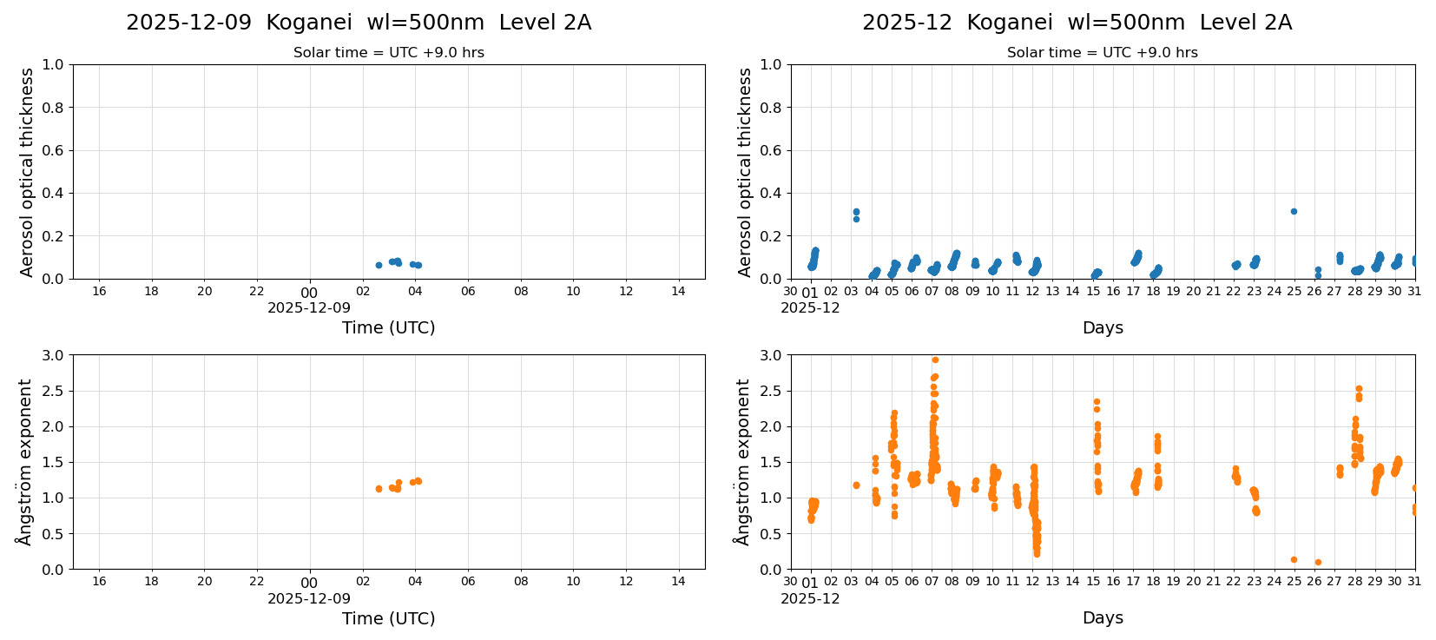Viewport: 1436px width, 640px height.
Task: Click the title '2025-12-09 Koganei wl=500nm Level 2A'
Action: (x=359, y=23)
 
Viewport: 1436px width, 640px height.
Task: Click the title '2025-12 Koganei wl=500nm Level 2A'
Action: (x=1077, y=23)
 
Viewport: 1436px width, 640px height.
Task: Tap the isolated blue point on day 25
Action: (x=1294, y=211)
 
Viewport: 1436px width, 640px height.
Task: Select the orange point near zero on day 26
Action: (x=1318, y=562)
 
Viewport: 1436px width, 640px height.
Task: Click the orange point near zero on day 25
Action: (x=1294, y=559)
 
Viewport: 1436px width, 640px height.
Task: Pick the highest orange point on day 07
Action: (x=935, y=360)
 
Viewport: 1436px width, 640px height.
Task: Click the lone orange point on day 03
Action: (x=856, y=485)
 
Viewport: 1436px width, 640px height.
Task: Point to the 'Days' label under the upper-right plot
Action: (x=1103, y=327)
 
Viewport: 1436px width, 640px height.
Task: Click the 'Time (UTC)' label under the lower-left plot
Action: (x=388, y=618)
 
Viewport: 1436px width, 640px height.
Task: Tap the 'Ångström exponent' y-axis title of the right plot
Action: (x=742, y=462)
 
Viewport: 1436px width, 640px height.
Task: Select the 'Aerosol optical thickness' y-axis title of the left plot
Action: (x=27, y=172)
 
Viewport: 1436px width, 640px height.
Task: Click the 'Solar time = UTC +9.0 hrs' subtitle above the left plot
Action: (x=388, y=52)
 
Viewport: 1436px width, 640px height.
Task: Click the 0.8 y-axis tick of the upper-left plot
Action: (x=53, y=108)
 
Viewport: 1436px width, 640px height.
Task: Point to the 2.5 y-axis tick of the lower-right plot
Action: (x=771, y=391)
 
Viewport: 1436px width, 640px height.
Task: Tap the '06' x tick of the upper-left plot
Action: (x=468, y=291)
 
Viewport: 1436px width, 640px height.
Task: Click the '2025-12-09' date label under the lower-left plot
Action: (x=309, y=598)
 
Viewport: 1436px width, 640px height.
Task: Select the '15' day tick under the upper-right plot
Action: (x=1093, y=291)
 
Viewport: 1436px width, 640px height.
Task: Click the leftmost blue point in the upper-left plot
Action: (x=379, y=265)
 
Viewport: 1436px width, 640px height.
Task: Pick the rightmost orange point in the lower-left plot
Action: (x=418, y=480)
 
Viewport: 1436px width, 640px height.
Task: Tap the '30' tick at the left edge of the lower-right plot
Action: (x=790, y=582)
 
